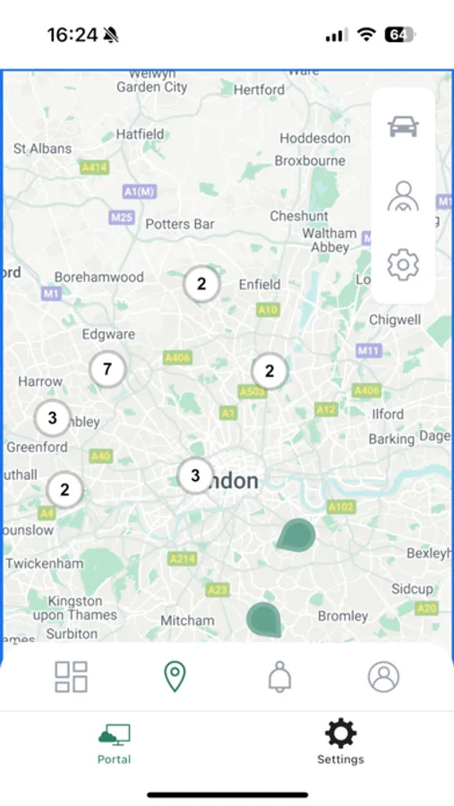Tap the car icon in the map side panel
coord(403,126)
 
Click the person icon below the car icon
coord(403,195)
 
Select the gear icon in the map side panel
coord(403,264)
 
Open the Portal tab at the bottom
coord(114,743)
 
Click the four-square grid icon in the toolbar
coord(71,677)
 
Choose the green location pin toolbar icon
coord(175,677)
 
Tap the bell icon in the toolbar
coord(279,677)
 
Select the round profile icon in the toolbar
coord(383,677)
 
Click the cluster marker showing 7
coord(107,368)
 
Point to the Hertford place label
coord(259,90)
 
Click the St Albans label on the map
coord(43,149)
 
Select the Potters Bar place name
coord(180,224)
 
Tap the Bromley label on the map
coord(343,616)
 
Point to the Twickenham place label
coord(44,563)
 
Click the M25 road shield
coord(122,218)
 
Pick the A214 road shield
coord(183,559)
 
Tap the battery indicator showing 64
coord(399,35)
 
